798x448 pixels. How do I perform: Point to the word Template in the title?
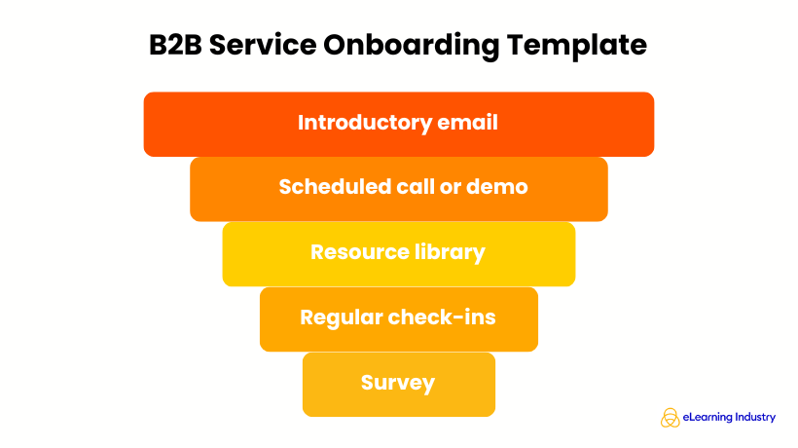coord(586,47)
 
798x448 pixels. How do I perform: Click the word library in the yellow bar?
coord(449,252)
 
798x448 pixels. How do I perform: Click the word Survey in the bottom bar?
coord(398,383)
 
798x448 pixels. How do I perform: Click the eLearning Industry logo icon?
coord(670,418)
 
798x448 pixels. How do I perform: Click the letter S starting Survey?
coord(368,383)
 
